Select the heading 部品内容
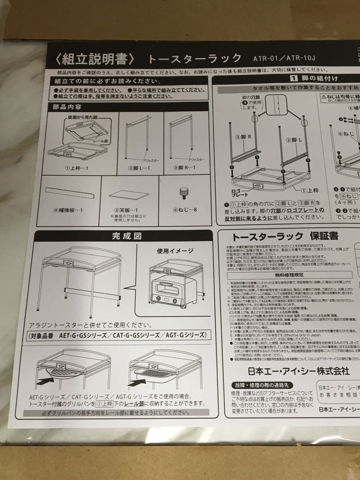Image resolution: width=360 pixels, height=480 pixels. pyautogui.click(x=67, y=107)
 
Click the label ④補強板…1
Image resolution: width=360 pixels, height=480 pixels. pyautogui.click(x=68, y=209)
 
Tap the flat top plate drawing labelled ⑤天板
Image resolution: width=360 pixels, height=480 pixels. pyautogui.click(x=129, y=195)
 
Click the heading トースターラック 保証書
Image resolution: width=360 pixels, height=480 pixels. pyautogui.click(x=285, y=236)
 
